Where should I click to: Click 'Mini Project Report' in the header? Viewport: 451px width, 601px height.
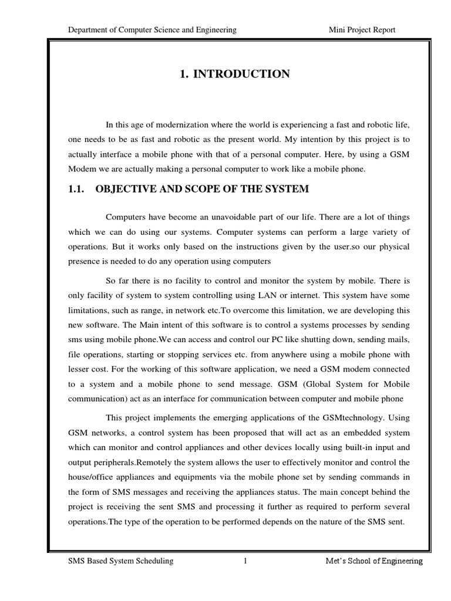pos(362,30)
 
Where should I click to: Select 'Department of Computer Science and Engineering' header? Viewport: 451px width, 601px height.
pos(152,30)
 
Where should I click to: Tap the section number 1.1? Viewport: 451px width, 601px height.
pos(78,189)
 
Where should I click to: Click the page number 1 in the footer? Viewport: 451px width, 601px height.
pos(245,561)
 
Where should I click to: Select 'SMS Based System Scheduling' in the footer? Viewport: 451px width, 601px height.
pos(121,561)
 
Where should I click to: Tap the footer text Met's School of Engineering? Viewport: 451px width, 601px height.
pos(374,561)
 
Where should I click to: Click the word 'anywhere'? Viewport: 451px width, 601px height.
pos(274,354)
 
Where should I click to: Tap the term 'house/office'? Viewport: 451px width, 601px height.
pos(92,477)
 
